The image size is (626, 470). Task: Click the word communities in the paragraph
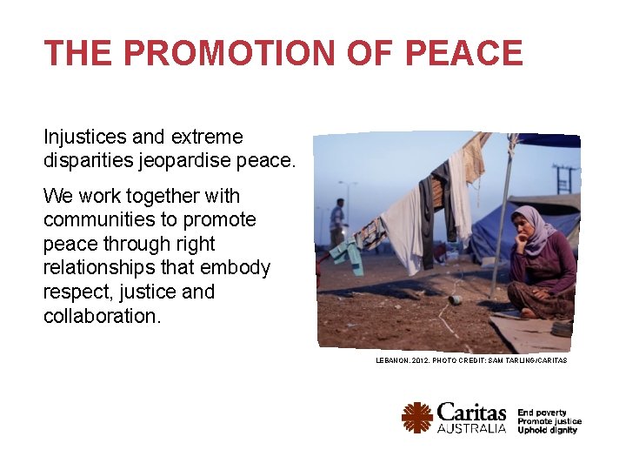97,220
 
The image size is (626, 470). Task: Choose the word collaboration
102,316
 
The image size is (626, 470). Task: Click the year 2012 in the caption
423,359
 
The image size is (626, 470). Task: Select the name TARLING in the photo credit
517,359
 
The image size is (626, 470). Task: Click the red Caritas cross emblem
417,417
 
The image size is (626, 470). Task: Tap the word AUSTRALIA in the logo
471,428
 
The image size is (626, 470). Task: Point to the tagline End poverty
543,413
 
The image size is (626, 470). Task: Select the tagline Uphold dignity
548,430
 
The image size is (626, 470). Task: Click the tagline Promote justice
549,421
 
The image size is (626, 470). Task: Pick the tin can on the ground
454,299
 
